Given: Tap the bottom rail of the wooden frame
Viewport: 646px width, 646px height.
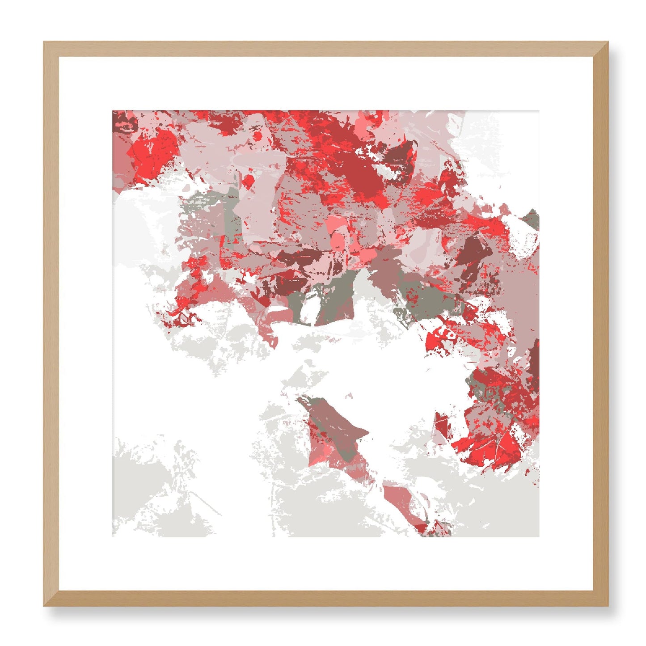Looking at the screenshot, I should coord(325,599).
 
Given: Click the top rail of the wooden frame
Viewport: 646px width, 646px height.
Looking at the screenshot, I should coord(325,49).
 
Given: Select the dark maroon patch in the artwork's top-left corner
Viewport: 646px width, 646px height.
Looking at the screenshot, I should coord(122,119).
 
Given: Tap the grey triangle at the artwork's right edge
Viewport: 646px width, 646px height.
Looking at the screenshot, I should coord(532,219).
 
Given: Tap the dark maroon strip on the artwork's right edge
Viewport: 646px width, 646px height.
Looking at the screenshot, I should coord(535,362).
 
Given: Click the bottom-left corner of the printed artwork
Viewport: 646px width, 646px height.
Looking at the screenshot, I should coord(113,536).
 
